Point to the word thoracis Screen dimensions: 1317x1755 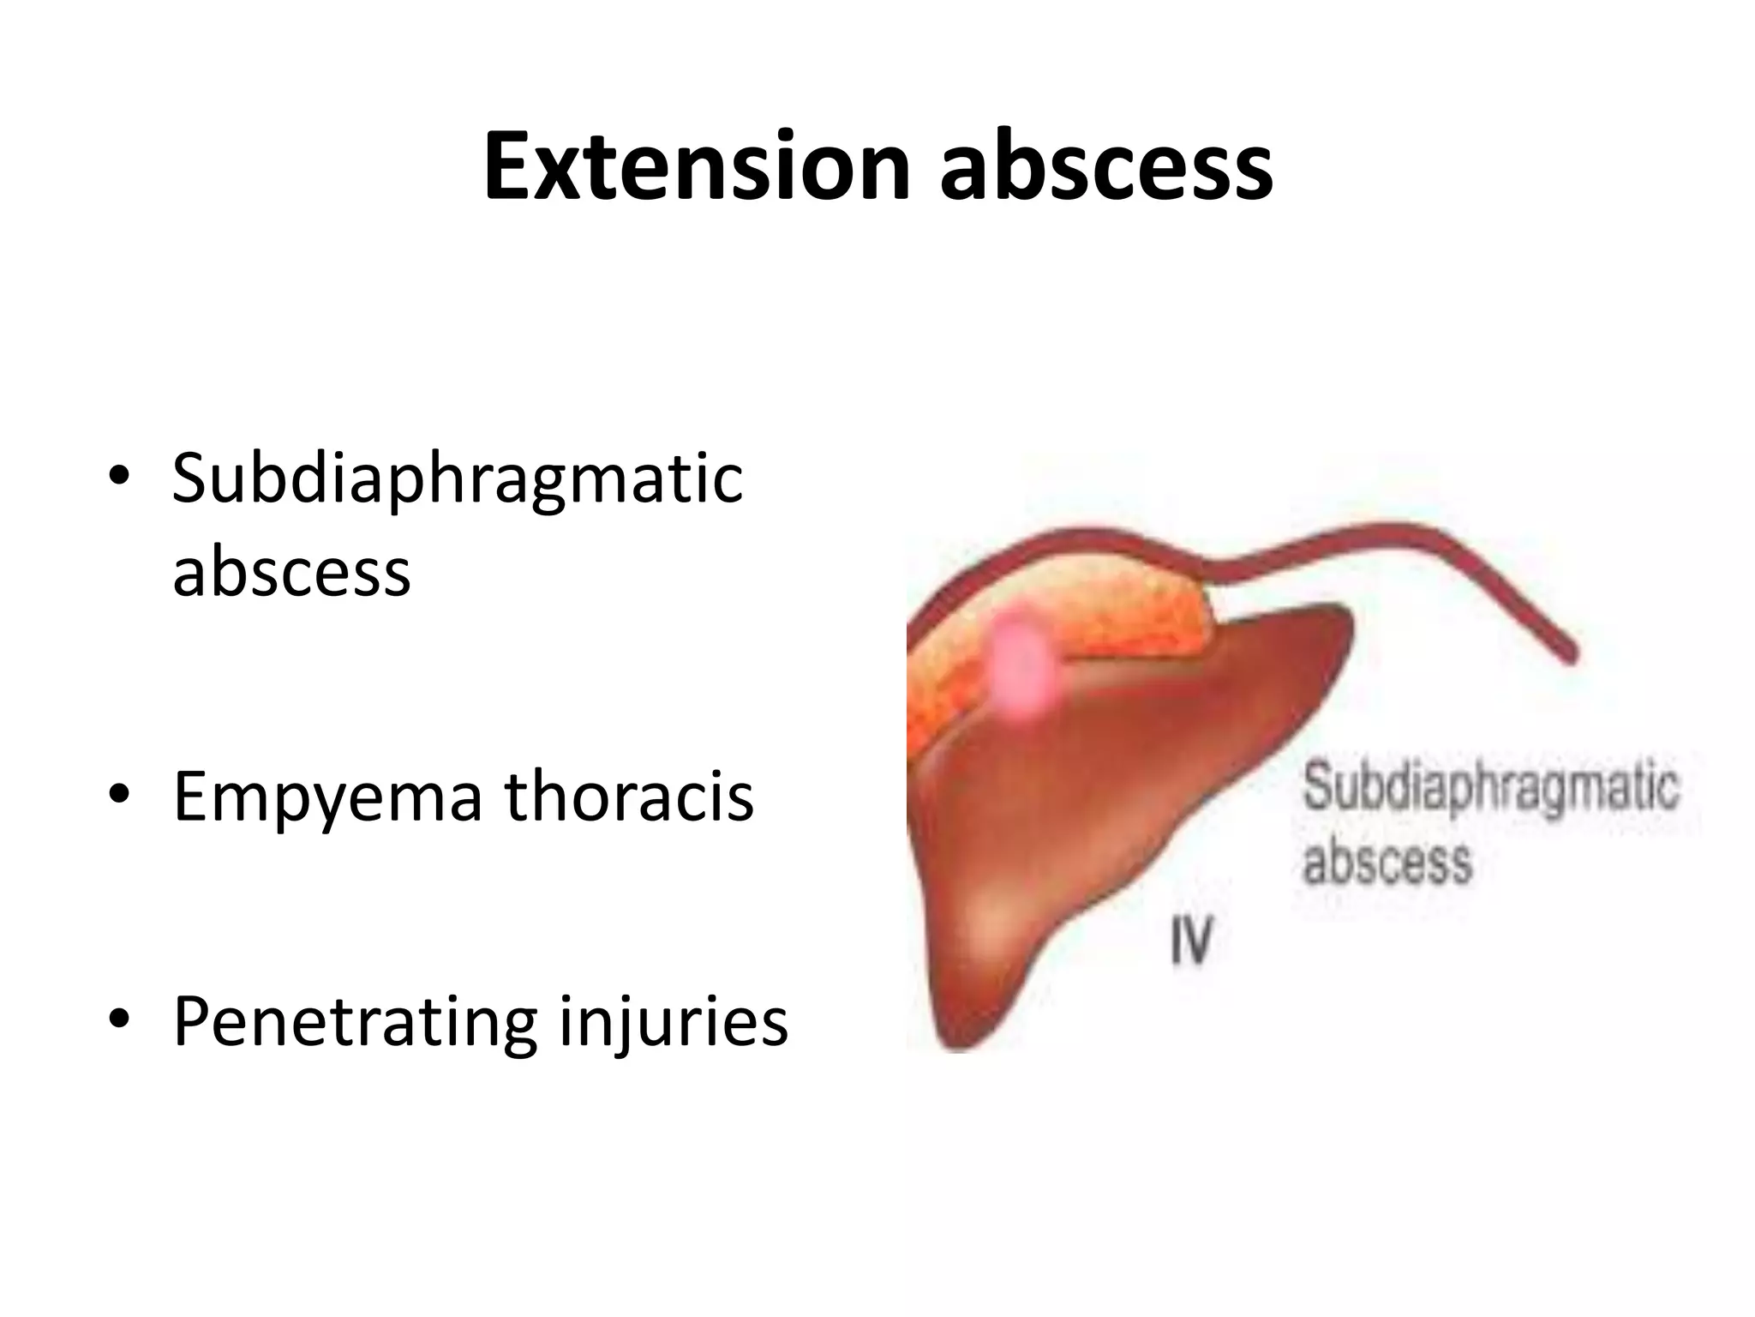(629, 796)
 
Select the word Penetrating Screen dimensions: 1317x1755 (355, 1022)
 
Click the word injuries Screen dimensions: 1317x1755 (673, 1022)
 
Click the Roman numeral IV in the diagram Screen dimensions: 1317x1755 (1191, 940)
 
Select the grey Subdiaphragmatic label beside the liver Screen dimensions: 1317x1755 (1489, 788)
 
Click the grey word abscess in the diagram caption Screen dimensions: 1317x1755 (1387, 861)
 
